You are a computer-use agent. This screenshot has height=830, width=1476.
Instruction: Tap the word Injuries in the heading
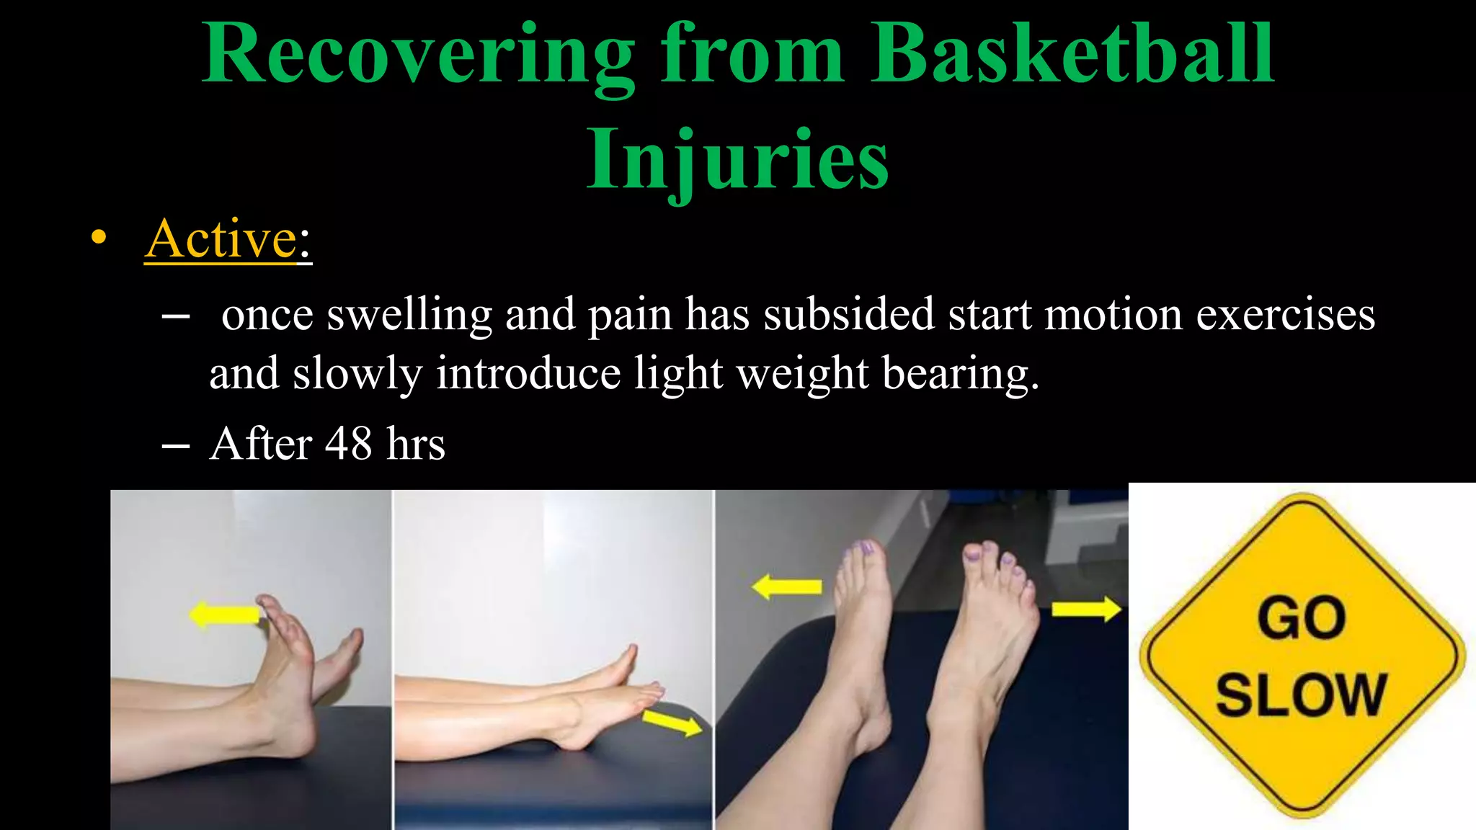pyautogui.click(x=737, y=160)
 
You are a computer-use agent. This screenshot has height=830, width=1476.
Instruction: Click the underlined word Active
pyautogui.click(x=221, y=239)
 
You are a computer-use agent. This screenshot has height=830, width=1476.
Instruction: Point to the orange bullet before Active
pyautogui.click(x=99, y=238)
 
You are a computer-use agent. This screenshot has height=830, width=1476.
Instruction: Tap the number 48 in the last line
pyautogui.click(x=348, y=444)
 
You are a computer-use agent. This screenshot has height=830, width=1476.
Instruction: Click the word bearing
pyautogui.click(x=960, y=375)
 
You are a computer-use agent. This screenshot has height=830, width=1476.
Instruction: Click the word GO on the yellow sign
pyautogui.click(x=1302, y=618)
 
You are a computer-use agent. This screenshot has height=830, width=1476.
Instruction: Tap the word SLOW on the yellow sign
pyautogui.click(x=1301, y=695)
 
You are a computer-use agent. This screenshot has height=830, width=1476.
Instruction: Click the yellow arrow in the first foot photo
pyautogui.click(x=225, y=615)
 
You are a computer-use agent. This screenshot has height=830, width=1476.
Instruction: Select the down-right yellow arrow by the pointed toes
pyautogui.click(x=672, y=723)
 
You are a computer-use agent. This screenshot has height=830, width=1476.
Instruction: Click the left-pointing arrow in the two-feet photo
pyautogui.click(x=787, y=586)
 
